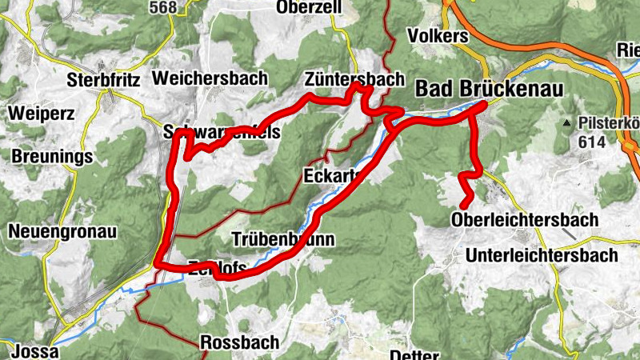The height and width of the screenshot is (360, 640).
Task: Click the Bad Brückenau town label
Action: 489,89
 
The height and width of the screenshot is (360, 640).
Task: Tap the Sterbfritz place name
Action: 104,80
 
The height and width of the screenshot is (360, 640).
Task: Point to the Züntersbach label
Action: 354,79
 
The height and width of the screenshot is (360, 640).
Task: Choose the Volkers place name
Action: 437,36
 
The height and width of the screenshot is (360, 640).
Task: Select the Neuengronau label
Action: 62,232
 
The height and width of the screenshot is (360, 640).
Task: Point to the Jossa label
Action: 33,351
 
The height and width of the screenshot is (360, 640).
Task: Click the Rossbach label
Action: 239,342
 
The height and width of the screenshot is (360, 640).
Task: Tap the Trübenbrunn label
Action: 282,239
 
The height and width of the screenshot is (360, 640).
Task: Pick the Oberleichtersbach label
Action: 525,219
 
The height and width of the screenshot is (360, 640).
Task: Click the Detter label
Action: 414,354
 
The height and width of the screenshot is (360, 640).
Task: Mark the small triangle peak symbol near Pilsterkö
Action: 566,123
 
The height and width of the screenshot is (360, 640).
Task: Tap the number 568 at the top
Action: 162,6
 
